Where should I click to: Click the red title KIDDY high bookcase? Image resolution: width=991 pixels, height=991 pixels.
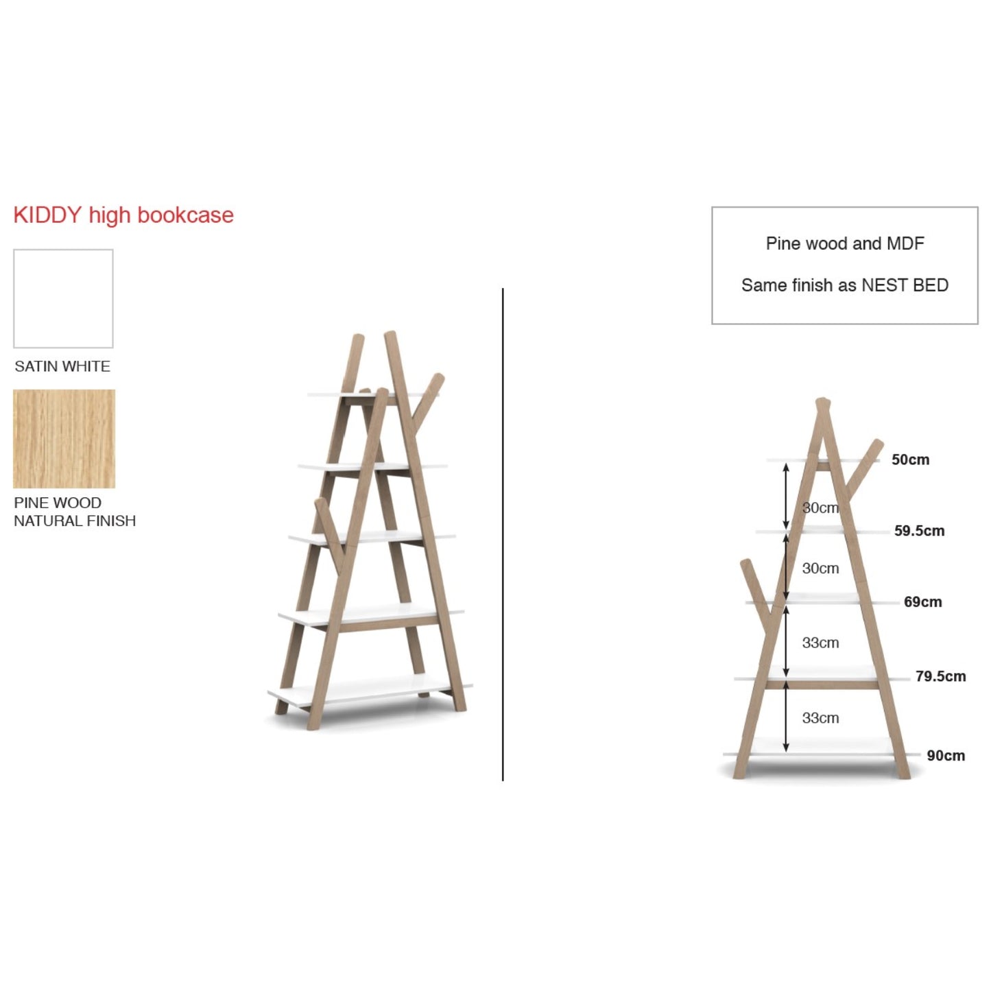pos(123,215)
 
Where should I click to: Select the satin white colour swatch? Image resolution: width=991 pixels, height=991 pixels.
pos(63,298)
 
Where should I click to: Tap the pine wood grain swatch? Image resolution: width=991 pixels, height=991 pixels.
pos(64,439)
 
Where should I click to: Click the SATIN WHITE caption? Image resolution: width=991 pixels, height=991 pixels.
pos(62,366)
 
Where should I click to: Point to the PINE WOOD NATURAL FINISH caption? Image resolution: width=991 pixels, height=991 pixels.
pos(75,512)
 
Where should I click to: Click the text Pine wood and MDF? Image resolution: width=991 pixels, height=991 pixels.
pos(844,243)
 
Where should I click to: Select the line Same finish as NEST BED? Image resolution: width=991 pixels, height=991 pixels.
pos(844,285)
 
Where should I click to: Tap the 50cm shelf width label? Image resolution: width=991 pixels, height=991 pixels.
pos(910,459)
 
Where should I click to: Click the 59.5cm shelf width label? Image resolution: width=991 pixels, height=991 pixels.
pos(919,531)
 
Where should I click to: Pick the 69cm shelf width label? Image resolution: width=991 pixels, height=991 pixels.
pos(922,601)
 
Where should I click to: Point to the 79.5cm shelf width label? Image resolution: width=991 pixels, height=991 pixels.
pos(941,676)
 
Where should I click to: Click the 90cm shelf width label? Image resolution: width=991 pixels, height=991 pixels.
pos(946,756)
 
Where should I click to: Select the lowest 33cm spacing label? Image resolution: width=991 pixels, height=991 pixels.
pos(820,718)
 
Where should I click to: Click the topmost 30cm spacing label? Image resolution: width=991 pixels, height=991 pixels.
pos(820,508)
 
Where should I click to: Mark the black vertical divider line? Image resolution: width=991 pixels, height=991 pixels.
pos(503,534)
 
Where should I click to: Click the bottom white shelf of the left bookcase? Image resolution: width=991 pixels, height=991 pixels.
pos(369,695)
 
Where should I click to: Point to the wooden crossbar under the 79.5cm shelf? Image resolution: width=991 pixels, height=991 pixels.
pos(822,686)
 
